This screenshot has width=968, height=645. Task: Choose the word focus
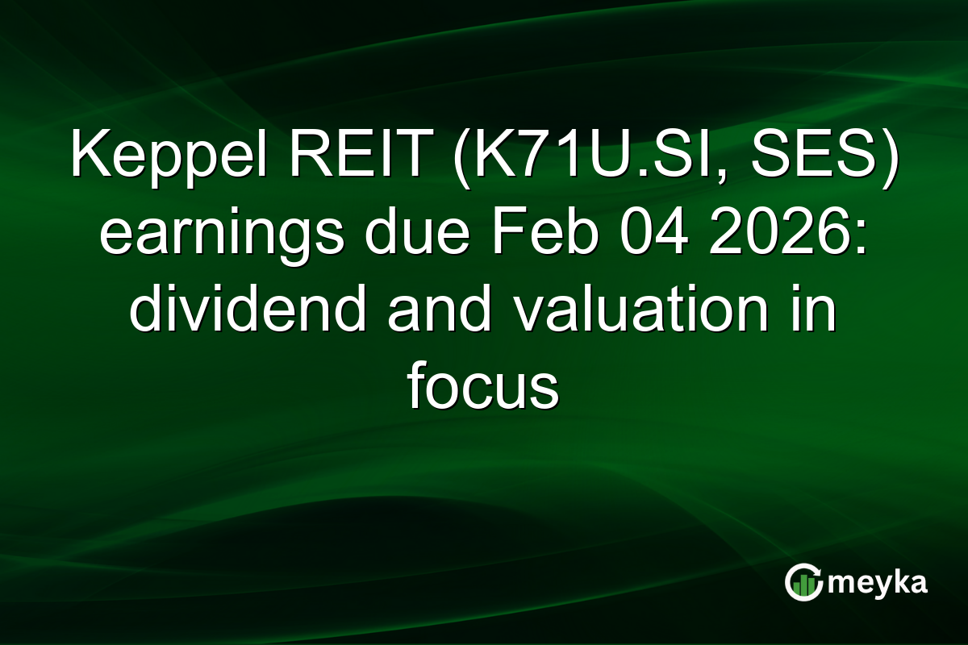pos(482,389)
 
